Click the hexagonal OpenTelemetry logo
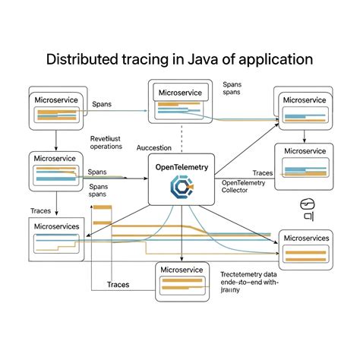click(182, 187)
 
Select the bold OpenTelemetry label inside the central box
click(182, 166)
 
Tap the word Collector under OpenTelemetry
click(240, 191)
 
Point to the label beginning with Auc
click(153, 148)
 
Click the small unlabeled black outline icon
click(308, 209)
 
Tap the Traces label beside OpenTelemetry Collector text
click(263, 174)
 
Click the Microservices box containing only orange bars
click(305, 248)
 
